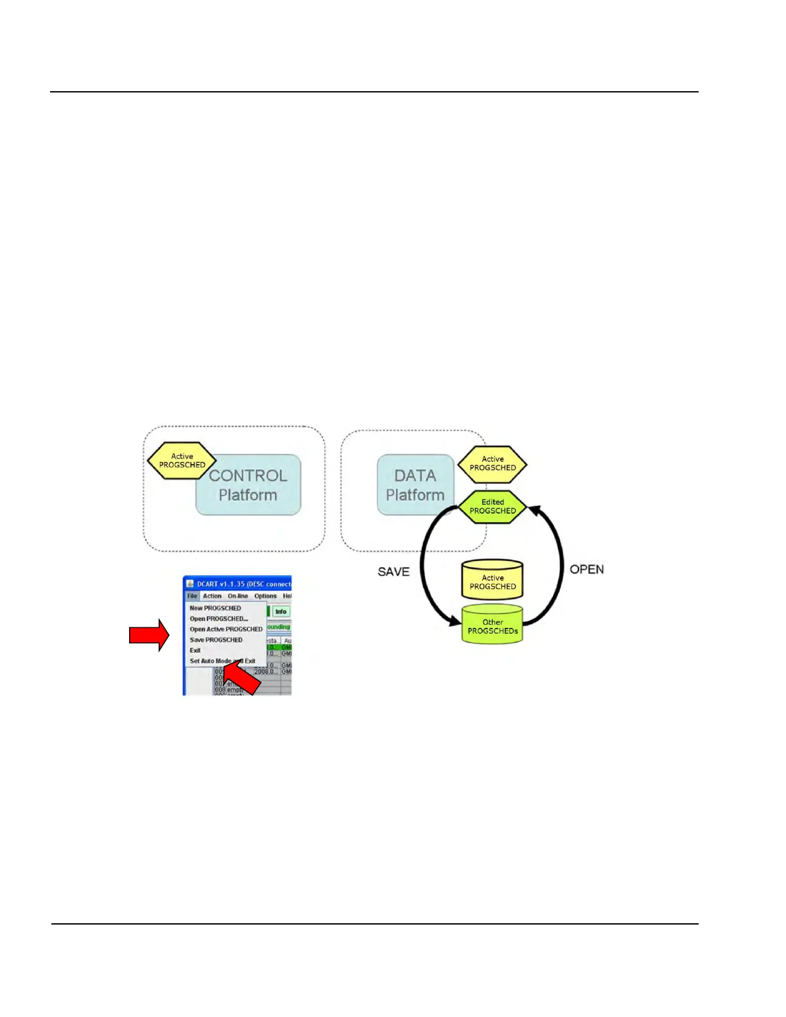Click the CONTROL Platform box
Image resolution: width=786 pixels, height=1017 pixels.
[x=249, y=485]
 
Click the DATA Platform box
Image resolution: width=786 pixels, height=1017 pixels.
[x=415, y=485]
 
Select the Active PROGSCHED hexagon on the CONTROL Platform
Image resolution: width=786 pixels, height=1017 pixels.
[x=182, y=460]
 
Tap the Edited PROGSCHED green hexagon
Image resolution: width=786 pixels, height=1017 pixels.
[x=493, y=507]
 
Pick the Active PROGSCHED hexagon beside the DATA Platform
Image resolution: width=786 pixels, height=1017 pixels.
[x=493, y=464]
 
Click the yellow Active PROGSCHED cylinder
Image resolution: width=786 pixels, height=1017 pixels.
[x=493, y=581]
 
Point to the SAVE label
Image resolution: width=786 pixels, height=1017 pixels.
[x=393, y=571]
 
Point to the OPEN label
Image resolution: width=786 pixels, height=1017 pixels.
[x=586, y=569]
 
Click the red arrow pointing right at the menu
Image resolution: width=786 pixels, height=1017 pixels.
[x=149, y=635]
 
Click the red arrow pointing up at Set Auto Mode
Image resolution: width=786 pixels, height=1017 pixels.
[x=244, y=678]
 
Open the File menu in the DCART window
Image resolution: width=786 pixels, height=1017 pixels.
[x=192, y=596]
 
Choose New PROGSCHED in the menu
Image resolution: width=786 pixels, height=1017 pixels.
[x=215, y=608]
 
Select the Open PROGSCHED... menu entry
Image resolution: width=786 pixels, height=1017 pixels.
[x=218, y=619]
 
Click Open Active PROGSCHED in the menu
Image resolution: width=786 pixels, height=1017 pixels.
[x=226, y=629]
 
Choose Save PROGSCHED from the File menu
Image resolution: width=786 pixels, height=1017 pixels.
[x=216, y=639]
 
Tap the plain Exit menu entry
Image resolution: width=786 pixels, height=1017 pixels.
[x=195, y=650]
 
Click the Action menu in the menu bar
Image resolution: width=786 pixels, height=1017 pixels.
[x=212, y=596]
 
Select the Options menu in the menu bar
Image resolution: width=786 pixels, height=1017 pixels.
[x=265, y=596]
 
